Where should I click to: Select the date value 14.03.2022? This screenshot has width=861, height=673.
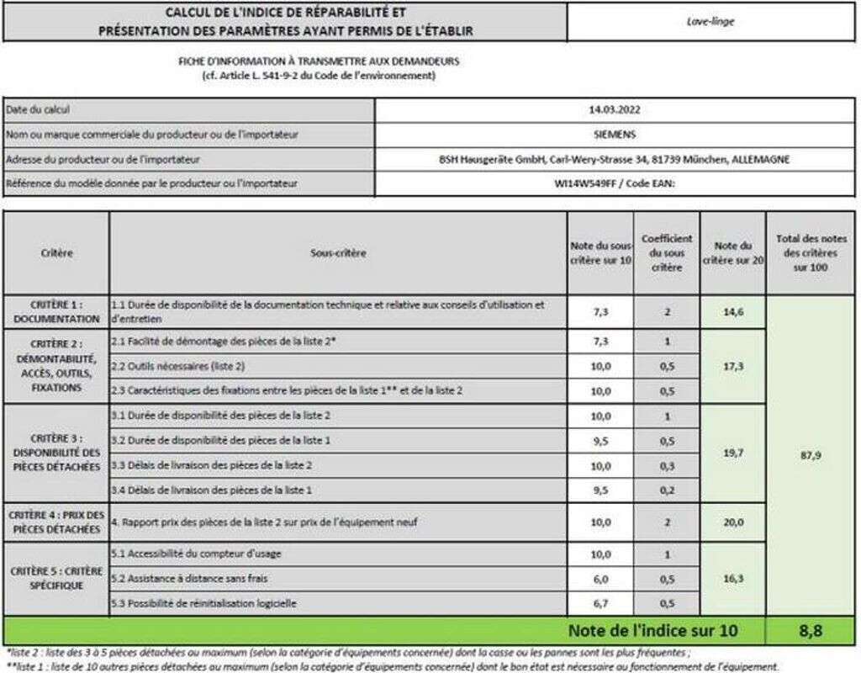(615, 109)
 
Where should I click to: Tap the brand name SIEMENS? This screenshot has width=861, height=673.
(615, 134)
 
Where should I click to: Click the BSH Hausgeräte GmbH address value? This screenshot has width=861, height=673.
(615, 159)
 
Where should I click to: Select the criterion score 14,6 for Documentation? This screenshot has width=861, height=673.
(732, 312)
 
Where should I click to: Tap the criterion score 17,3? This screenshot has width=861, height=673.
(732, 366)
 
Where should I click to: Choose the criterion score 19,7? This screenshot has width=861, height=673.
(732, 453)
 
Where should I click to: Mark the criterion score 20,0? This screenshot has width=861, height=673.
(732, 522)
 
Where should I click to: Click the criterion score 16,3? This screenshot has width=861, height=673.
(732, 579)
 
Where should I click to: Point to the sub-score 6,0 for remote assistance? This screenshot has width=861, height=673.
(600, 579)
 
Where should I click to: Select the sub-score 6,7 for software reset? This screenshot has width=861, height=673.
(600, 603)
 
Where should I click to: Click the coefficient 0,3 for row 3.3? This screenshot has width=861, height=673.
(666, 465)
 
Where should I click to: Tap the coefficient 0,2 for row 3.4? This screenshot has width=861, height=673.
(666, 490)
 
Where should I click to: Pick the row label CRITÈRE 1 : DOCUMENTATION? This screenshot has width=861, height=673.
(55, 312)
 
